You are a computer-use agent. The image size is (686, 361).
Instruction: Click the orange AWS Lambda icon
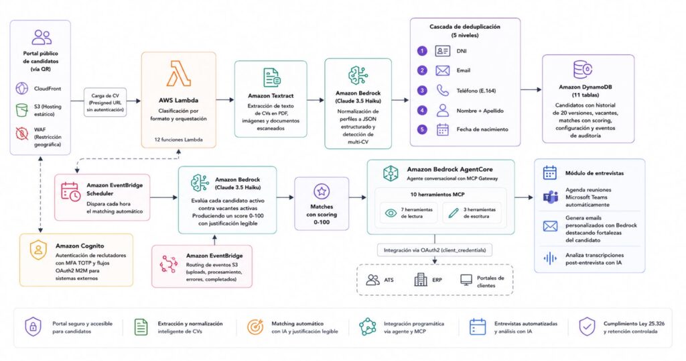(x=178, y=74)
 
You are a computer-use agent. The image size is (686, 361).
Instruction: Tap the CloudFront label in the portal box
(x=48, y=89)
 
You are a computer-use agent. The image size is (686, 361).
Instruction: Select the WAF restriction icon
(x=22, y=133)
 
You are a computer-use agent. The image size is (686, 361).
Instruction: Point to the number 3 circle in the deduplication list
(x=422, y=90)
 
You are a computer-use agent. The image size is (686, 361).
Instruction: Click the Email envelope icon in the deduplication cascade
(x=442, y=70)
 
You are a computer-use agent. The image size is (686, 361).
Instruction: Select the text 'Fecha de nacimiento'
(x=482, y=130)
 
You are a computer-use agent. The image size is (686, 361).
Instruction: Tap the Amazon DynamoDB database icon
(x=583, y=70)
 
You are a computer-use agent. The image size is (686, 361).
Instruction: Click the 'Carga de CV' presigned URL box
(x=105, y=102)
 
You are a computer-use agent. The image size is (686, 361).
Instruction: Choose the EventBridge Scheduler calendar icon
(x=70, y=192)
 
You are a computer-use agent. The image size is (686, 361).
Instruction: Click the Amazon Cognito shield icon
(x=38, y=250)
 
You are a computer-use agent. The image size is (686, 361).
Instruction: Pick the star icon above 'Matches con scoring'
(x=322, y=191)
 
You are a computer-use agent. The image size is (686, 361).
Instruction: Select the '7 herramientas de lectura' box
(x=408, y=213)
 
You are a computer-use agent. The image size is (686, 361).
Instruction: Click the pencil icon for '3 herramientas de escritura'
(x=454, y=213)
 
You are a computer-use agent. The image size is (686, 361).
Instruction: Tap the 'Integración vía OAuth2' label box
(x=434, y=250)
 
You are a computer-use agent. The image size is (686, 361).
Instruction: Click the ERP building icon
(x=421, y=279)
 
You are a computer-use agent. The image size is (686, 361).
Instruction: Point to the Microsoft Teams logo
(x=550, y=197)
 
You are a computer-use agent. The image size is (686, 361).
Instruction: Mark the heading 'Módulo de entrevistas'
(x=594, y=173)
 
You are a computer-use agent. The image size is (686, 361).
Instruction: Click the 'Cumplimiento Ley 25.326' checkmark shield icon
(x=587, y=327)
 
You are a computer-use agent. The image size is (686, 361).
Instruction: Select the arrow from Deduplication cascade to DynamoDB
(x=531, y=90)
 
